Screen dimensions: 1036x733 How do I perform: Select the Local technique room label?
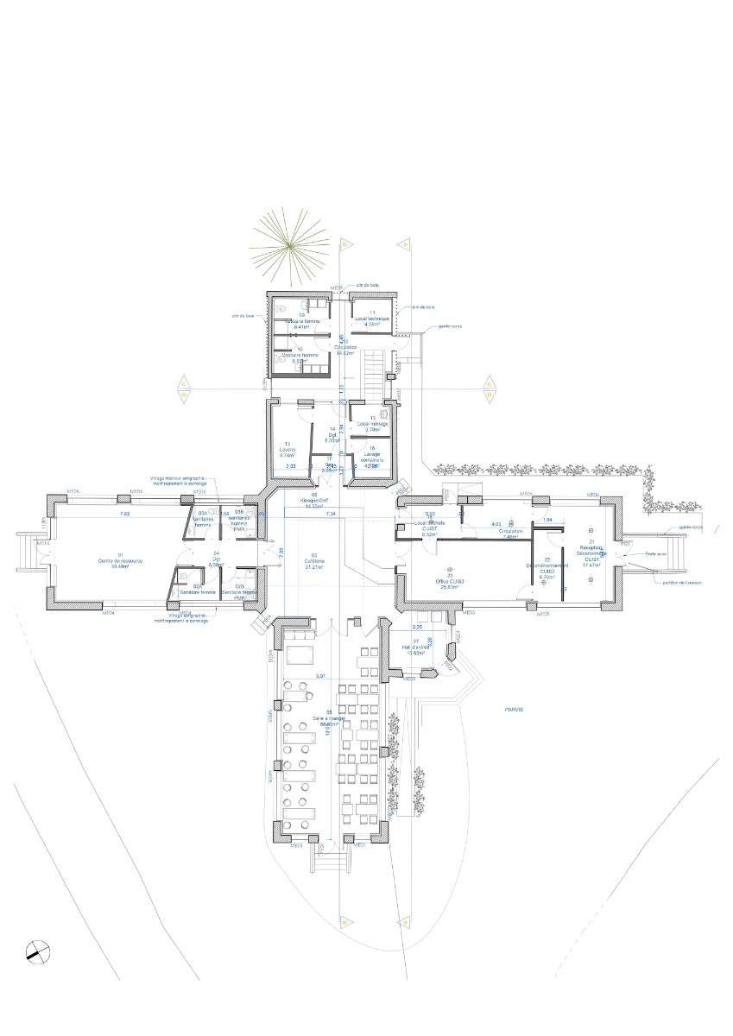[373, 319]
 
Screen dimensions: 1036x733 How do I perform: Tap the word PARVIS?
[515, 710]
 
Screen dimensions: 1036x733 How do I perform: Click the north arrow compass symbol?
[35, 952]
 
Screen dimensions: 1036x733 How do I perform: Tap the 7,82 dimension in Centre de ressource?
[124, 515]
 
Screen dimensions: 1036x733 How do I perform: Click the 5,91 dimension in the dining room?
[320, 675]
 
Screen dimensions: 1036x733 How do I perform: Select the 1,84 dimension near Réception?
[547, 520]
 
